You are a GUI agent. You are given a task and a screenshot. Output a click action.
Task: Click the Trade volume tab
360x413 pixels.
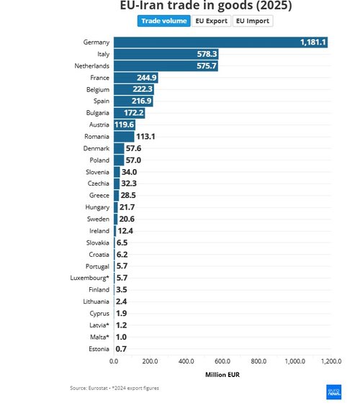[164, 21]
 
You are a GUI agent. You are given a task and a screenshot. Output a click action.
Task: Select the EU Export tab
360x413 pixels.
[212, 21]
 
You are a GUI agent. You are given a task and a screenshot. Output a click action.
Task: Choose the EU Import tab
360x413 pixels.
[253, 21]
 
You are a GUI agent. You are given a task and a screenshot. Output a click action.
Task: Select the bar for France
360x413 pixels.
[136, 78]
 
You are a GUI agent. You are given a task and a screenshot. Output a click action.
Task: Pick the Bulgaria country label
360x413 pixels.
[96, 113]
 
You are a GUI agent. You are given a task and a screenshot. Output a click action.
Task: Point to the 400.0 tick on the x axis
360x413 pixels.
[186, 362]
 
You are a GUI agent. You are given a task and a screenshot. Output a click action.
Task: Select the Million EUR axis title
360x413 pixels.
[222, 375]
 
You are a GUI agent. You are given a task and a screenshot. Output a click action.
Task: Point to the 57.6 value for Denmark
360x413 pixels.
[133, 148]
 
